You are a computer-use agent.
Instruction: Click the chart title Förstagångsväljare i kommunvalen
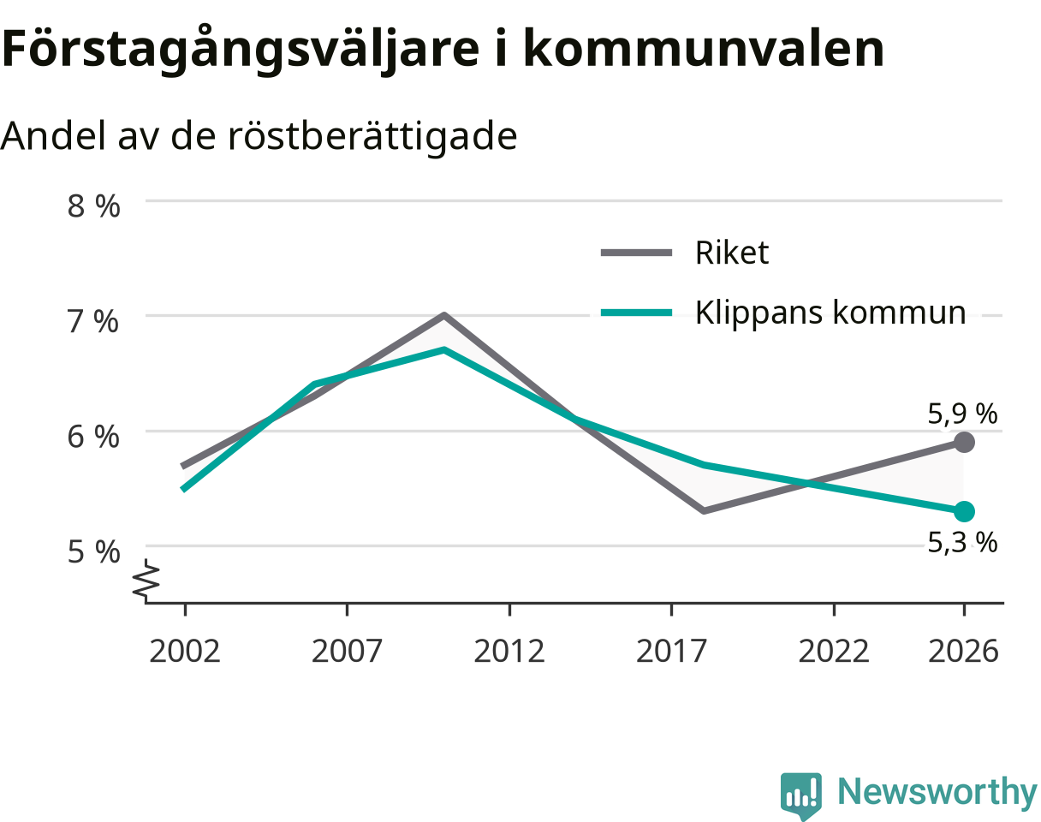click(443, 50)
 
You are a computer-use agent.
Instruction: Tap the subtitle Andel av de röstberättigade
click(259, 136)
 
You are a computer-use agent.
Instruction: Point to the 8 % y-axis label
click(93, 206)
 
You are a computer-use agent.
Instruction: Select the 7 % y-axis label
click(93, 321)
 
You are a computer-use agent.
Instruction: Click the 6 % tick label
click(93, 437)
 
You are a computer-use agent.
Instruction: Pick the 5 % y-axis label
click(93, 551)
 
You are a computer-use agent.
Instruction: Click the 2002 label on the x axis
click(185, 652)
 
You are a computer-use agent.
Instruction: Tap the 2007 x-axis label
click(347, 652)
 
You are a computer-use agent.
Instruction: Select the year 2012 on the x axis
click(509, 652)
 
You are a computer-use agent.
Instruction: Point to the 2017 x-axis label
click(671, 652)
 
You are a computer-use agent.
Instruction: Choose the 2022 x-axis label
click(834, 652)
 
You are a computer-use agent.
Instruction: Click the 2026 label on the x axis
click(964, 652)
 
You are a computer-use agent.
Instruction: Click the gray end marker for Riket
click(964, 442)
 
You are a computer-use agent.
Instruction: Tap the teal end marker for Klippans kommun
click(964, 511)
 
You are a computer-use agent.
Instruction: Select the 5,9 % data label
click(962, 414)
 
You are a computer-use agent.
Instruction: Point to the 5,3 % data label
click(962, 542)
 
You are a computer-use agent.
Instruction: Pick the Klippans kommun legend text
click(830, 313)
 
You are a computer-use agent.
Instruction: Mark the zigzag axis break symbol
click(146, 580)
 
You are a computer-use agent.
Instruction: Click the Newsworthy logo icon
click(801, 792)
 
